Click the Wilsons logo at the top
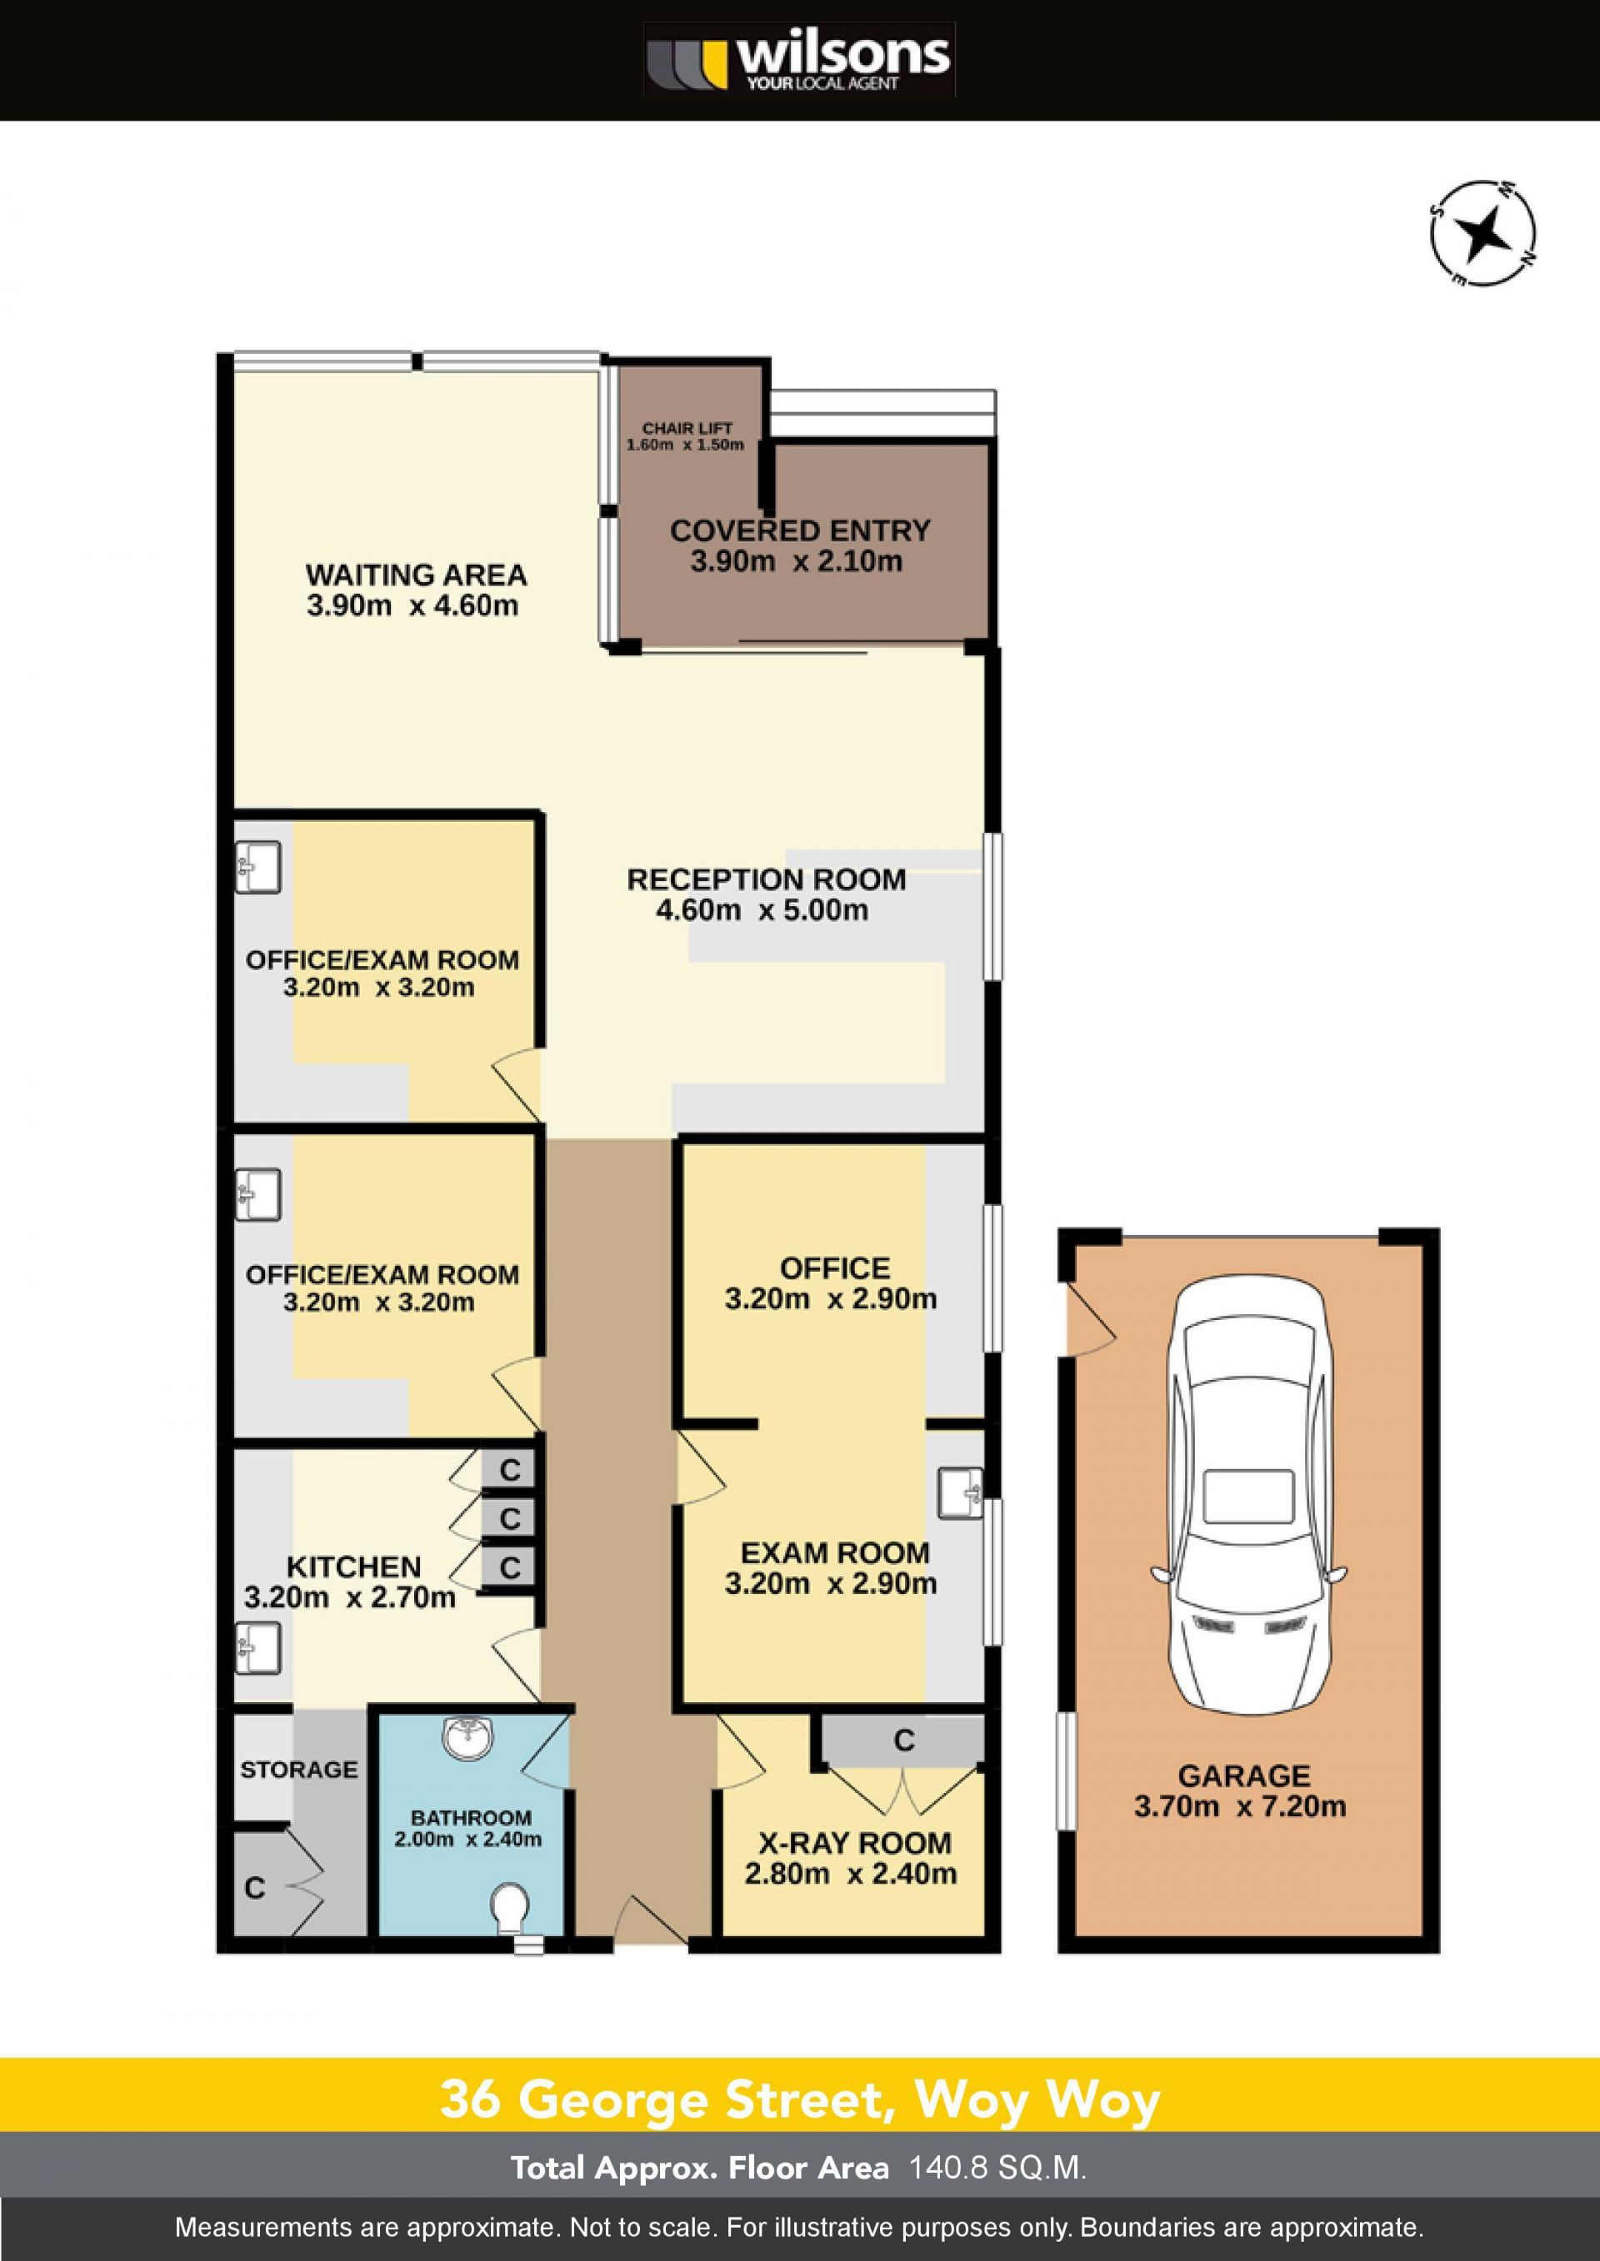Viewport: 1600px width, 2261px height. click(799, 60)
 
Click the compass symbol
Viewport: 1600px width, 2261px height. click(1483, 234)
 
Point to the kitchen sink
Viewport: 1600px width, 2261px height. click(258, 1648)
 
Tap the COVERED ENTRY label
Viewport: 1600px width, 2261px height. click(800, 530)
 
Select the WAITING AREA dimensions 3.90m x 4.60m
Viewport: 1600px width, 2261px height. click(412, 605)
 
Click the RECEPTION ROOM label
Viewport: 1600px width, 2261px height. click(767, 879)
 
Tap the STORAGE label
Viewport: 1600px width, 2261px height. click(298, 1770)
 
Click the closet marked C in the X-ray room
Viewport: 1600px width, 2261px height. click(902, 1740)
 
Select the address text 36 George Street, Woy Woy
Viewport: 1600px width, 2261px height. click(800, 2099)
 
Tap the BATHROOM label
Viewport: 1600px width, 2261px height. click(471, 1817)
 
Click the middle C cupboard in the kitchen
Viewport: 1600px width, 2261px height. click(508, 1518)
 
